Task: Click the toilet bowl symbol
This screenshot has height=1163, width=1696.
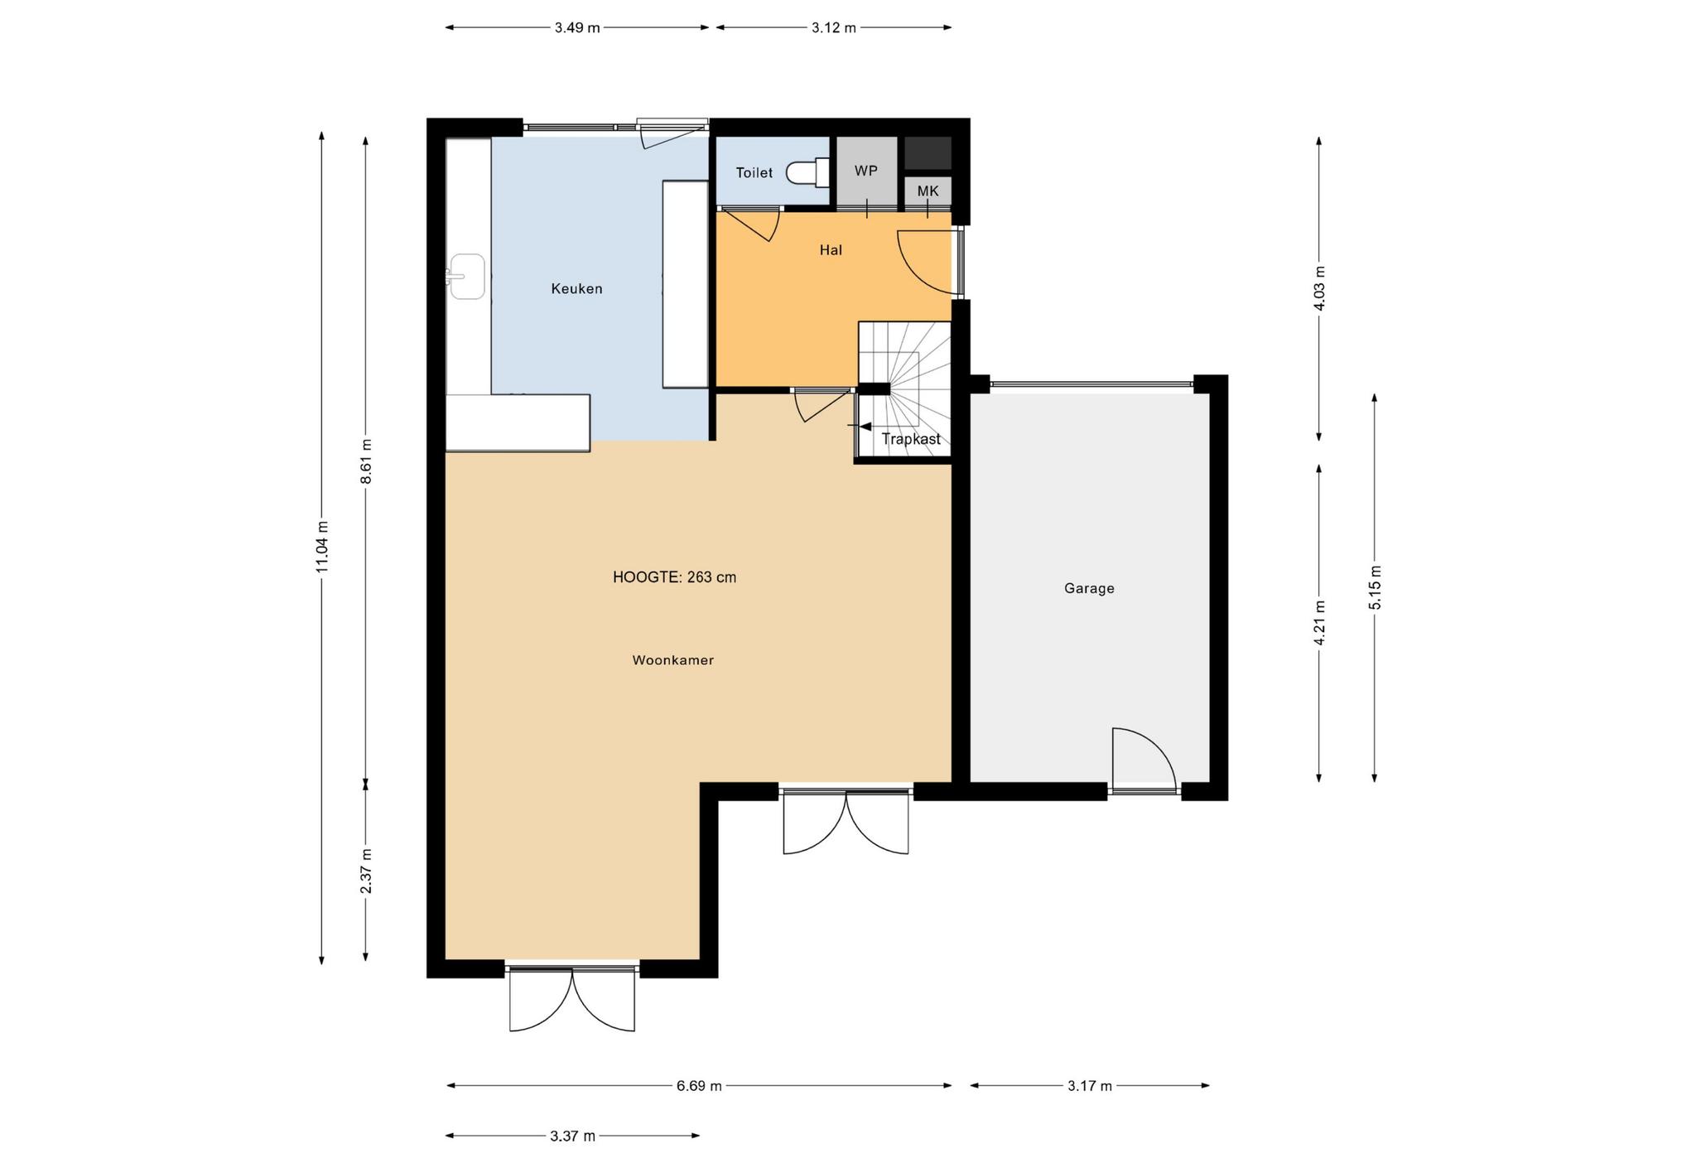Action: tap(807, 172)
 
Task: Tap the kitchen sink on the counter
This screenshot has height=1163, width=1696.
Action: tap(466, 276)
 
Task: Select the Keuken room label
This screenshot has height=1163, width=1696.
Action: tap(576, 289)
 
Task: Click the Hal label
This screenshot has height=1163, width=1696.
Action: tap(831, 250)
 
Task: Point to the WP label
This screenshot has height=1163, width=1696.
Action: tap(866, 171)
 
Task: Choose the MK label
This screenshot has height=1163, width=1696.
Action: tap(927, 191)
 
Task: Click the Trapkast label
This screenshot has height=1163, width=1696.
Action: tap(911, 439)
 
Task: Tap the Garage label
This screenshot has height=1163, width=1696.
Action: tap(1089, 589)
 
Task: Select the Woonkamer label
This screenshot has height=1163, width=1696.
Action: tap(672, 660)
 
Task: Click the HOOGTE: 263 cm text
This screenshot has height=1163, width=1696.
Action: tap(674, 577)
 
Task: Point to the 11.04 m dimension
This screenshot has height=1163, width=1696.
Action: tap(322, 547)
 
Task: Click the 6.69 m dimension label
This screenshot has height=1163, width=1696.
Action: tap(699, 1086)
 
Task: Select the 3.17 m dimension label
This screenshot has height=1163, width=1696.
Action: tap(1089, 1086)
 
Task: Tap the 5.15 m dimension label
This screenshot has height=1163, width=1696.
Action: tap(1375, 587)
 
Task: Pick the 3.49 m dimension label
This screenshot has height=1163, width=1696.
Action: tap(577, 27)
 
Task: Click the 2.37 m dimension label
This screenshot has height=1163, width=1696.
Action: tap(365, 871)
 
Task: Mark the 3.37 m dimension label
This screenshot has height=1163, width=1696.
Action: tap(572, 1136)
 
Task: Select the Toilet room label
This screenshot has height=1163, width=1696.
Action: tap(754, 173)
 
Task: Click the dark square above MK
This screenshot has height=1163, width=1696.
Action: tap(927, 153)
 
